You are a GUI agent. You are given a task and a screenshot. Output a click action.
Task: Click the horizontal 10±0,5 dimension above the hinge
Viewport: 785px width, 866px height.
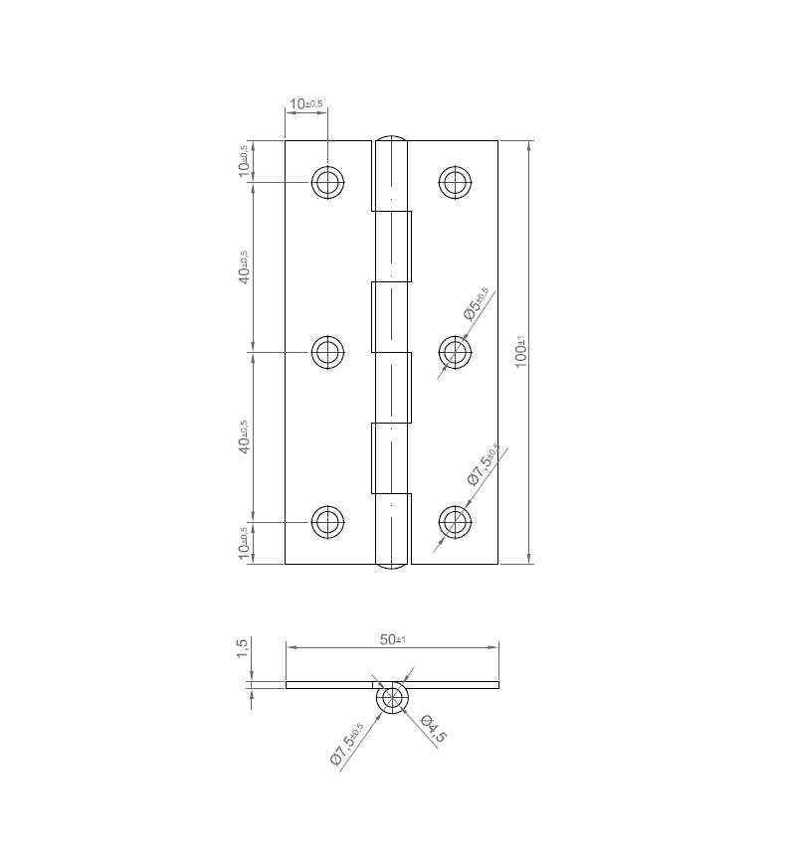tap(305, 104)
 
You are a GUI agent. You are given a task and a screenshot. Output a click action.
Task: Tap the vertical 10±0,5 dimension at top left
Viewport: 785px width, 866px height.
tap(243, 161)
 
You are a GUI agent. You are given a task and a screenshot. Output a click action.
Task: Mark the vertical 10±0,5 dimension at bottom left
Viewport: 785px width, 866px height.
tap(243, 543)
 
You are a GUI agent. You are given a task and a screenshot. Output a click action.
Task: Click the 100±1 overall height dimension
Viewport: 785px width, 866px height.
tap(520, 352)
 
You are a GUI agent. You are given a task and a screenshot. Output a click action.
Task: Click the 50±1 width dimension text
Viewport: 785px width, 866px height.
tap(392, 639)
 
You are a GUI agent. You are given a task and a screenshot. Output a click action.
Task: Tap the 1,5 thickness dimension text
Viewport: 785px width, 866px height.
tap(242, 649)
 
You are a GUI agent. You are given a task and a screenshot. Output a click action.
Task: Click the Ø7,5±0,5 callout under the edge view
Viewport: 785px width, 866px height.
tap(347, 744)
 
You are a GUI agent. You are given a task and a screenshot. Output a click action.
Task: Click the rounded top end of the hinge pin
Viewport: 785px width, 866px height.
tap(392, 138)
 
